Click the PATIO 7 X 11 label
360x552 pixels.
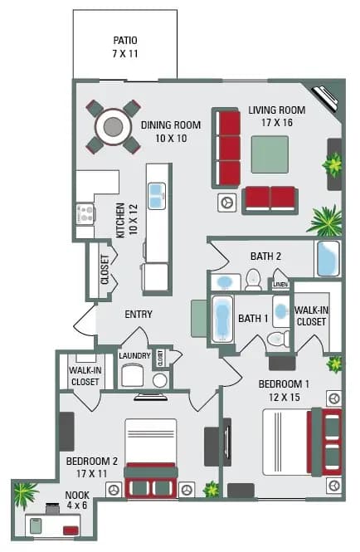125,46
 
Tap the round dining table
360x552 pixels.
113,126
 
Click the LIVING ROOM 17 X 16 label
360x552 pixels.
277,116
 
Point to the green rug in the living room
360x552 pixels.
270,154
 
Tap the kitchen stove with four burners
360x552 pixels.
85,214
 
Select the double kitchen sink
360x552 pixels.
156,196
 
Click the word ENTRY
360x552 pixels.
138,315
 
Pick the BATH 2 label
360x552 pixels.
266,256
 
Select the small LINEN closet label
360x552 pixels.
280,285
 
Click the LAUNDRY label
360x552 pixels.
134,356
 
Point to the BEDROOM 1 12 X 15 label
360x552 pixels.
284,390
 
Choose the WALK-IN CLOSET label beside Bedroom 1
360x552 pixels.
311,315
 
